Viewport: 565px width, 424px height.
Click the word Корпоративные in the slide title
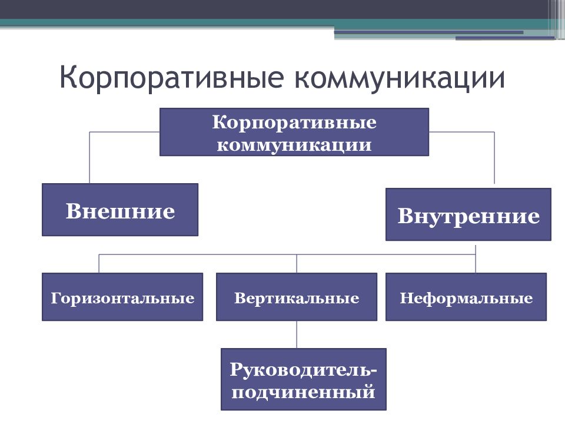pos(171,78)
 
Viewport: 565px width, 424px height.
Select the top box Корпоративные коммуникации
pos(294,132)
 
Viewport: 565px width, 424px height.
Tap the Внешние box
pos(120,210)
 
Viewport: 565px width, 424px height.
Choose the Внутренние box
pos(468,214)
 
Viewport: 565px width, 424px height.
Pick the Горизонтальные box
pos(122,297)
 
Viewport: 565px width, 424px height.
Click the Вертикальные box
pos(297,297)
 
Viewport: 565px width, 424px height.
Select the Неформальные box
pos(466,297)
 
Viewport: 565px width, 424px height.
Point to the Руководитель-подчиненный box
pos(304,379)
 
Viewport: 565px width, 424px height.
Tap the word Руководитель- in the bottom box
pos(303,370)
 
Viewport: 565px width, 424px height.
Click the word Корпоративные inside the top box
pos(294,123)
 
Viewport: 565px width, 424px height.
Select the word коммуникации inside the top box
pos(294,145)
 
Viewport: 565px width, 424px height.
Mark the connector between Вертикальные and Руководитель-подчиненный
pos(297,334)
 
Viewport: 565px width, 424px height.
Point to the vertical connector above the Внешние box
pos(89,158)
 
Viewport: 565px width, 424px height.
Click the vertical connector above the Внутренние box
pos(494,158)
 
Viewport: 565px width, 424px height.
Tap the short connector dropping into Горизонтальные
pos(99,264)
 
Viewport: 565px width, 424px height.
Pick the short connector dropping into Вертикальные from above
pos(297,264)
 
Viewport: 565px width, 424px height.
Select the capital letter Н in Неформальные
pos(406,298)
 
